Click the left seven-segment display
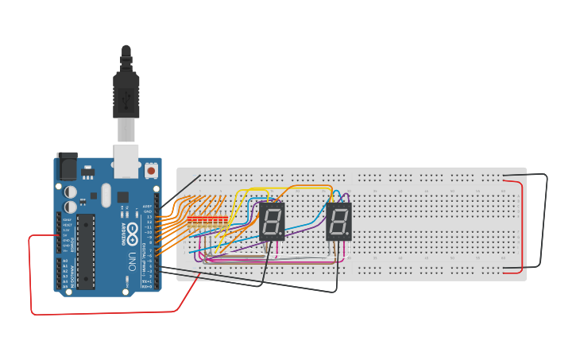coord(272,221)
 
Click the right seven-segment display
coord(338,221)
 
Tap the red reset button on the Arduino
coord(151,170)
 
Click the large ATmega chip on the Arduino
coord(85,250)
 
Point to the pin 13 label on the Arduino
coord(149,217)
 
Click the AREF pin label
coord(148,207)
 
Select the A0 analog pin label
coord(64,261)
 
